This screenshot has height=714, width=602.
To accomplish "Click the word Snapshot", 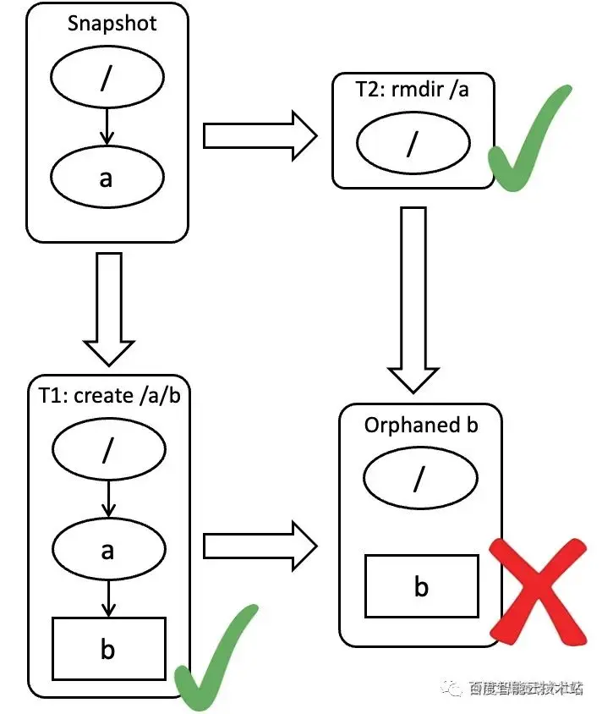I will [112, 23].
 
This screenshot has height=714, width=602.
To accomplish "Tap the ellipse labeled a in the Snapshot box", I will [107, 178].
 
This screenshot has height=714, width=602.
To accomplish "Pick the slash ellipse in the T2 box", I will [412, 145].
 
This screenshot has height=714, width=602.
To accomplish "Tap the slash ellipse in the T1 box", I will [107, 452].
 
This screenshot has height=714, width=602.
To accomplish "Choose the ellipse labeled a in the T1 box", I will [107, 550].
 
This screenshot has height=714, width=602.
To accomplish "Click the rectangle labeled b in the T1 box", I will [109, 648].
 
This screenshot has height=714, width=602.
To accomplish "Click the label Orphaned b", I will [421, 424].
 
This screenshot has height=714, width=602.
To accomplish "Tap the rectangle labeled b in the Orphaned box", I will [421, 585].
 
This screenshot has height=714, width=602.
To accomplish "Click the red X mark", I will [538, 590].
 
